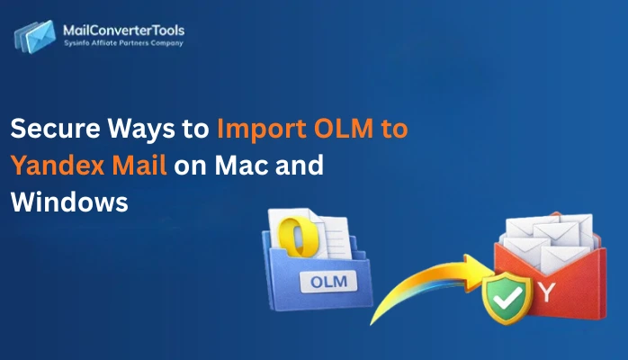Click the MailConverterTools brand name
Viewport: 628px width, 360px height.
click(x=122, y=31)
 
